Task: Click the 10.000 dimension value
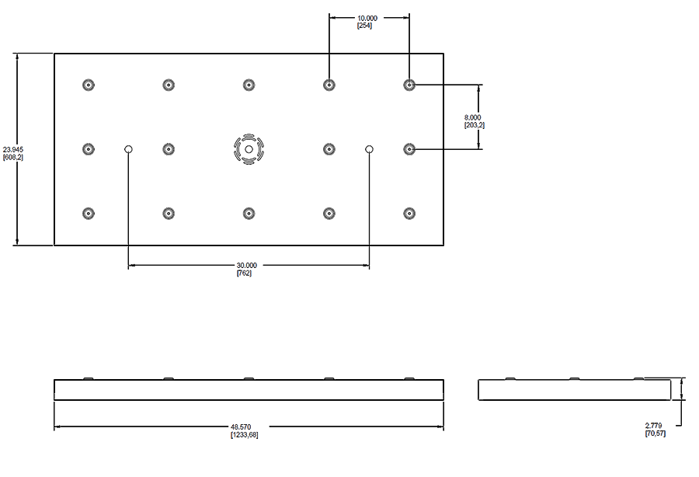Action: [x=367, y=18]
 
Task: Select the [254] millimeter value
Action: [x=364, y=26]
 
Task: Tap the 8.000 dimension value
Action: [x=473, y=117]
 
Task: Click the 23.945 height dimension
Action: [x=13, y=149]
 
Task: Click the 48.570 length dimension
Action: [x=244, y=427]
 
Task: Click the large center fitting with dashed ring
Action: [x=249, y=149]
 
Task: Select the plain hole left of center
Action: [x=129, y=149]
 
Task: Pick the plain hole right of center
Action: [x=370, y=149]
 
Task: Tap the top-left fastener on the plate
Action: [x=88, y=85]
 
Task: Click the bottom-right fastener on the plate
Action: [x=409, y=213]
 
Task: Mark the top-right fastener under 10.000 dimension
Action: [x=409, y=85]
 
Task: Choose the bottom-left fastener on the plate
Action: [x=88, y=213]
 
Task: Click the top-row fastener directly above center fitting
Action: [x=249, y=85]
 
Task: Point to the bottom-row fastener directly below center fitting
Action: [x=249, y=213]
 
